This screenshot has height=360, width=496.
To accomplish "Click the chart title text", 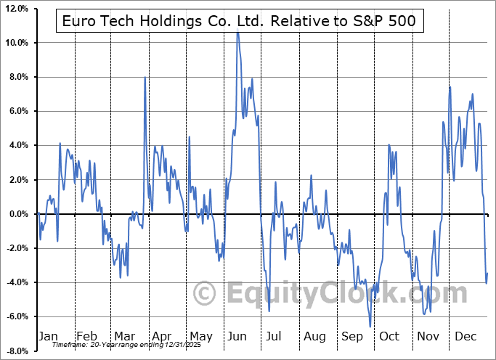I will point(239,21).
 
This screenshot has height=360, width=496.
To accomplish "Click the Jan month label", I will point(47,337).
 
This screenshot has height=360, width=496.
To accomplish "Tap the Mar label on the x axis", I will point(124,337).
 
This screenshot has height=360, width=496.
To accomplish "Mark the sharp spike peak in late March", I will point(145,78).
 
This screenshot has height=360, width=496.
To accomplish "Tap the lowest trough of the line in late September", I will point(370,327).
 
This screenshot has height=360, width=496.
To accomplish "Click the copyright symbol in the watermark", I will point(206,293).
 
